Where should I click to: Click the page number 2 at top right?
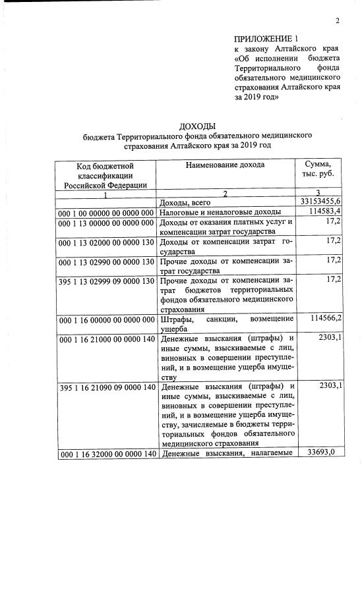337,20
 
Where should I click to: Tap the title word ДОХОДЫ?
197,126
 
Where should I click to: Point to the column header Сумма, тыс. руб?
318,169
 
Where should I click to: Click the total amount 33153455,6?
320,201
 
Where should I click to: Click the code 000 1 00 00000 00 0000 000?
106,212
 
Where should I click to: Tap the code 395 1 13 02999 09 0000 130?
106,281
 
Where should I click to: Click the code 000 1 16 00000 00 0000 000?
106,319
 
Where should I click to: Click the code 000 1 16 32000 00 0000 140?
106,454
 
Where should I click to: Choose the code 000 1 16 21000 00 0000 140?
106,339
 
